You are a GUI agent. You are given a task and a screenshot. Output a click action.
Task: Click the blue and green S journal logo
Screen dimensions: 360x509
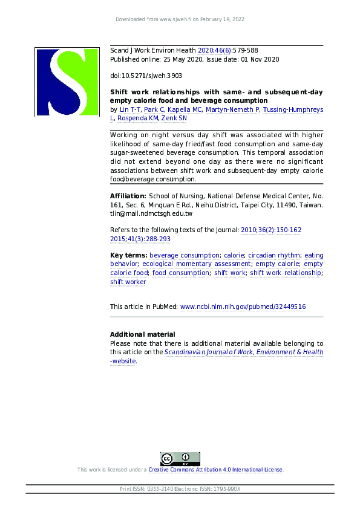tap(66, 82)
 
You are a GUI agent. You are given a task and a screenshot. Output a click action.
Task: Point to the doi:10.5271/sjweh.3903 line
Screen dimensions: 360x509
tap(145, 76)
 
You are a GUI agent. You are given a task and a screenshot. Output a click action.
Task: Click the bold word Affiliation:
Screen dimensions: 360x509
tap(128, 196)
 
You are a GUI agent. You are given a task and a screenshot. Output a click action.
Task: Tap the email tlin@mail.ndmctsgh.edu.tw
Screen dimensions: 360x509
tap(151, 213)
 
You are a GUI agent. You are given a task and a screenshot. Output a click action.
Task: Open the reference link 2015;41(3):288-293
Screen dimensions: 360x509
tap(140, 239)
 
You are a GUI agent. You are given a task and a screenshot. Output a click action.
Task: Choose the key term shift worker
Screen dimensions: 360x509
tap(128, 282)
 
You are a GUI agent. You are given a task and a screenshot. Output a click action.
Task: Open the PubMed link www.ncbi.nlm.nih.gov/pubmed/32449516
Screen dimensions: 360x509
tap(243, 307)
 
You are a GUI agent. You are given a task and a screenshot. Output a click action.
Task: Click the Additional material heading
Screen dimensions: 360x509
tap(142, 334)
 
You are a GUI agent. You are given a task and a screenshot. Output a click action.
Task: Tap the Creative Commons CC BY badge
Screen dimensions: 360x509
tap(180, 459)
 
